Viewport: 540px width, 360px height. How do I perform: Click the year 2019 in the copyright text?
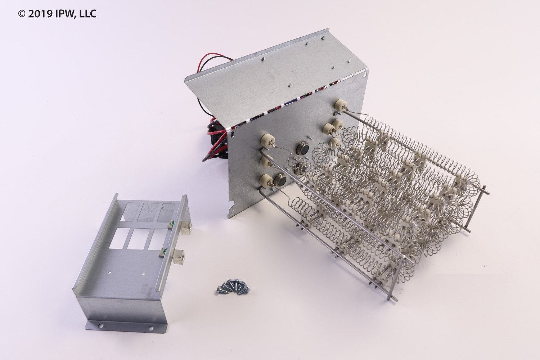(40, 14)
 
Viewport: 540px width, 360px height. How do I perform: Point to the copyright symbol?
(22, 14)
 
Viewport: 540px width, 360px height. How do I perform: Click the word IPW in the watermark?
(63, 14)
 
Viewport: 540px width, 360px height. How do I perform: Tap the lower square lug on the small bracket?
(179, 256)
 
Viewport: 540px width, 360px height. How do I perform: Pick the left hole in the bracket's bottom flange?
(101, 326)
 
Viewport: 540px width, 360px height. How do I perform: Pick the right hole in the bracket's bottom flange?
(151, 328)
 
